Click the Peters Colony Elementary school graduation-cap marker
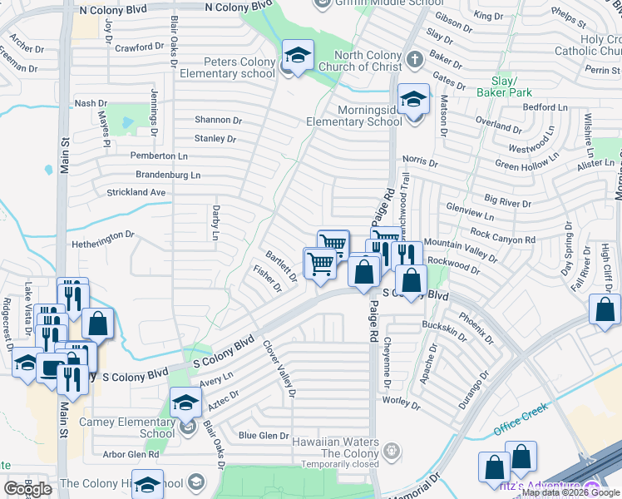coord(298,55)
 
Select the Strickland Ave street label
coord(136,192)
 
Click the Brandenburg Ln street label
coord(168,175)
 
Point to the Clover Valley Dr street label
coord(279,368)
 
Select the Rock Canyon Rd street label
coord(503,234)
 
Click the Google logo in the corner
coord(27,489)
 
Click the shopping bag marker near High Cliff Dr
coord(604,309)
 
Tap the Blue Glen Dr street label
coord(263,435)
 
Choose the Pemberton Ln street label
coord(159,156)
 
